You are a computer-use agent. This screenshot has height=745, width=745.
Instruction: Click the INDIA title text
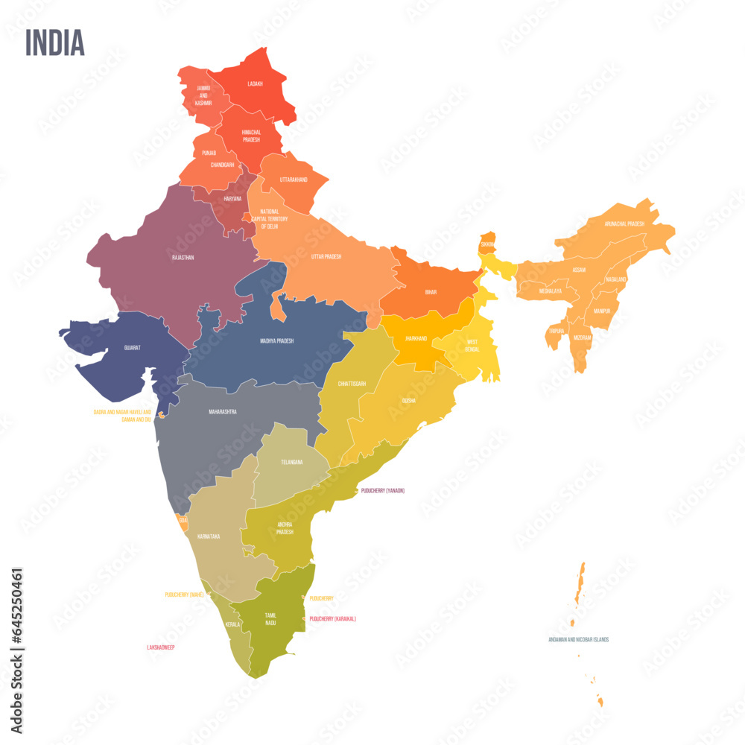55,43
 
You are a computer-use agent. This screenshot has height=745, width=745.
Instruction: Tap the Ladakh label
256,84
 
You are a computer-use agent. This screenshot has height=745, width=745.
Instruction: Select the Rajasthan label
183,258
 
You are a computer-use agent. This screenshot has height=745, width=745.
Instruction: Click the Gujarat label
133,347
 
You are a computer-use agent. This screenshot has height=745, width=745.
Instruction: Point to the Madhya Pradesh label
276,340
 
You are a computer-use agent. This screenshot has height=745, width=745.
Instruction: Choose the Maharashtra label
223,411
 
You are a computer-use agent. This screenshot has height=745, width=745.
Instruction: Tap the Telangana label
291,462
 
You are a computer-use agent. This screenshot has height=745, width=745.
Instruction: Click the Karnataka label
209,536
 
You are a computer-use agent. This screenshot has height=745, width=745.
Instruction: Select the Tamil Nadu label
270,618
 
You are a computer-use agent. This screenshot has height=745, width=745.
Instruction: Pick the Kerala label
233,624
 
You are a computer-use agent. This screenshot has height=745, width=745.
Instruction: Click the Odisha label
409,400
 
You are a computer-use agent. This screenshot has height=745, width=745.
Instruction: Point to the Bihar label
431,293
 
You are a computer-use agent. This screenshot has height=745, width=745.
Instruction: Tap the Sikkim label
487,244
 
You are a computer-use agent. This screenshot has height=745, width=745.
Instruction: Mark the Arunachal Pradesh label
624,223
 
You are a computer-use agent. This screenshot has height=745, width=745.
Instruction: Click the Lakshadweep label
161,647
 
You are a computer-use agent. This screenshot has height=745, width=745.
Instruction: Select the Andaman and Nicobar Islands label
579,639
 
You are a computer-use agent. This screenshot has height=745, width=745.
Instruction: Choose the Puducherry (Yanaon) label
382,491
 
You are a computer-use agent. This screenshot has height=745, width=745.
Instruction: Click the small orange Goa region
180,521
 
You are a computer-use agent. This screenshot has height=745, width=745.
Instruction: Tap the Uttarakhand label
294,180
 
